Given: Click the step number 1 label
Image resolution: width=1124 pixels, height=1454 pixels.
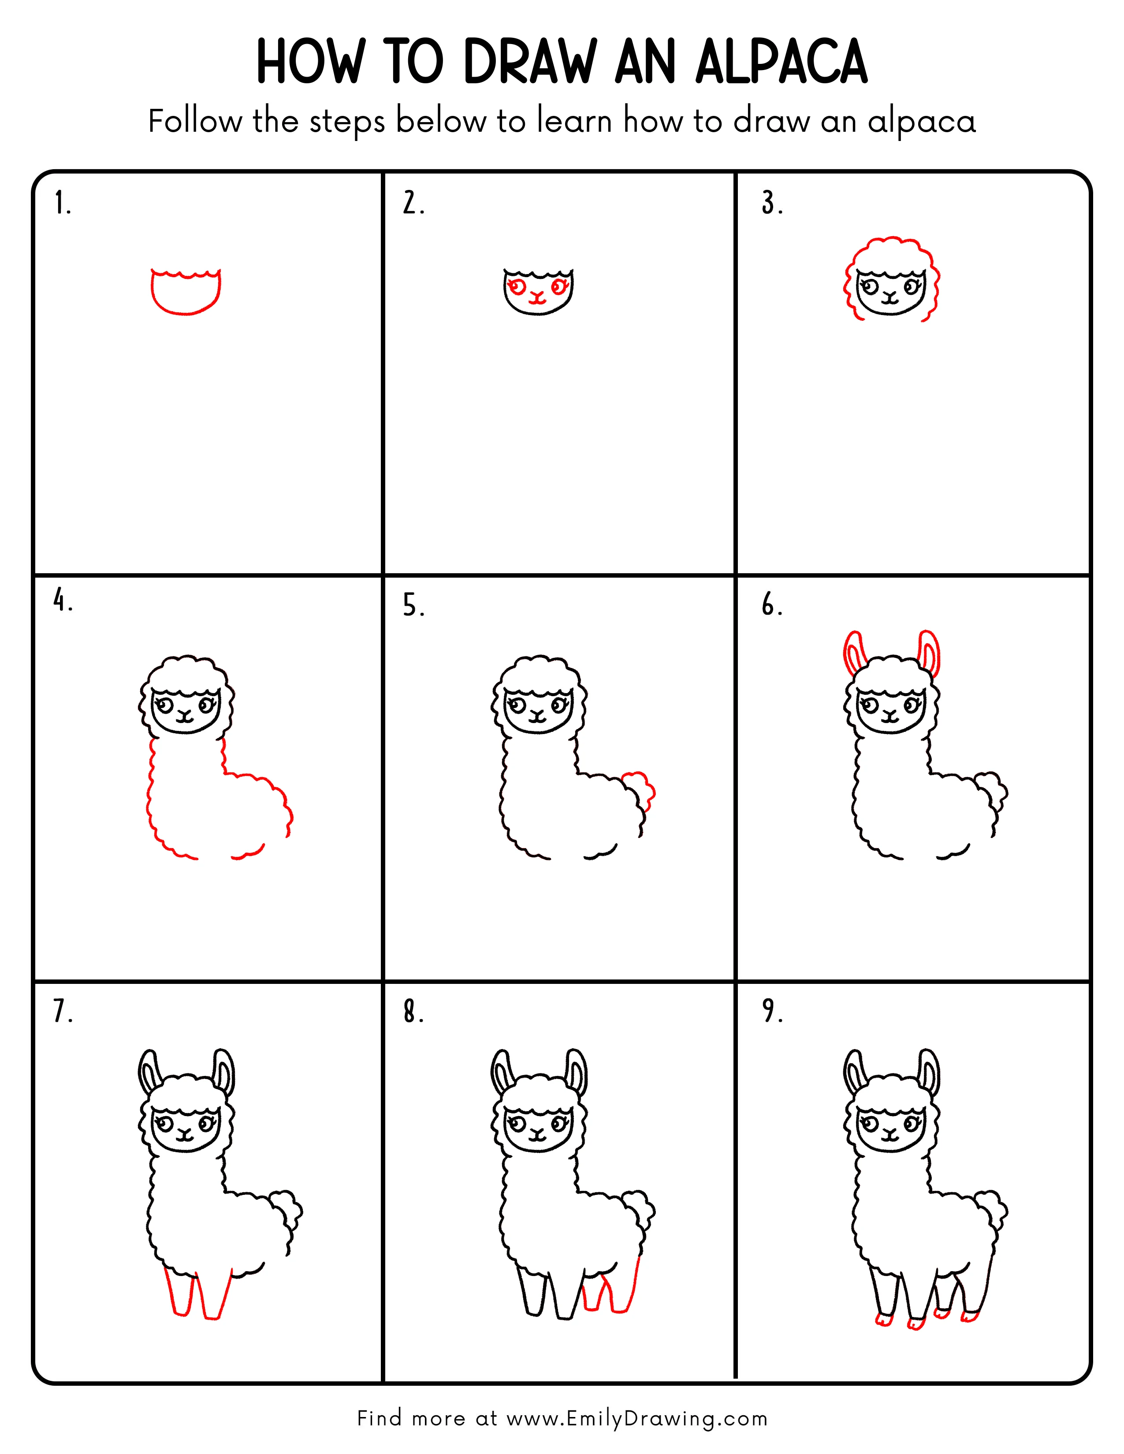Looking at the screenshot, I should point(61,203).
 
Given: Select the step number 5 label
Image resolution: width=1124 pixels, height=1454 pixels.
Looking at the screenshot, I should point(412,606).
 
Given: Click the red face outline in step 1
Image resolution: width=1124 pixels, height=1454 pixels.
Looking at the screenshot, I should point(186,293).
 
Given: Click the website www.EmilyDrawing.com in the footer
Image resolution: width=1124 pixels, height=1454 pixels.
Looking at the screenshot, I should point(636,1419).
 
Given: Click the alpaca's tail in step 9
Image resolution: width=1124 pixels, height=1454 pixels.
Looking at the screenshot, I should point(992,1208).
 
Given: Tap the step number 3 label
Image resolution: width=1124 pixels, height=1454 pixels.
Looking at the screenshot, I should point(772,203).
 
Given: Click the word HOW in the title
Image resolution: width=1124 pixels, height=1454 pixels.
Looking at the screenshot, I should point(310,62).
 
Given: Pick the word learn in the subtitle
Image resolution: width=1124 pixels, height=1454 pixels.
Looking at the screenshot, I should point(574,122).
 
